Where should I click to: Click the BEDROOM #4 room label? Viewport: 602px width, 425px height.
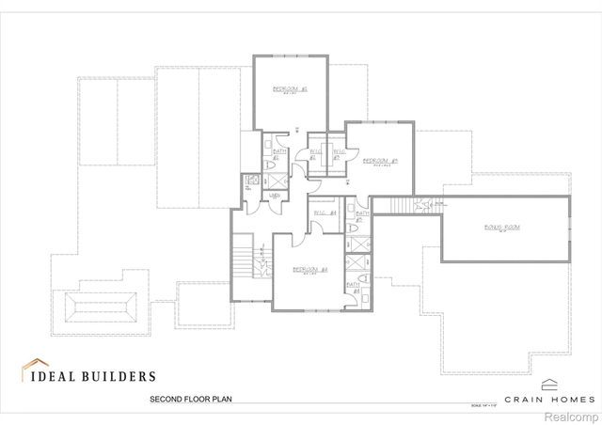click(309, 270)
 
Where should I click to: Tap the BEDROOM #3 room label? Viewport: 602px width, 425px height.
click(380, 161)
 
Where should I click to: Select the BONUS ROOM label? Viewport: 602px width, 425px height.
click(502, 228)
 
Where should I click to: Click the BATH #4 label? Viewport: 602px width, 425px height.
click(355, 288)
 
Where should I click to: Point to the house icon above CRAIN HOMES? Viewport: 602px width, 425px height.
click(550, 383)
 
